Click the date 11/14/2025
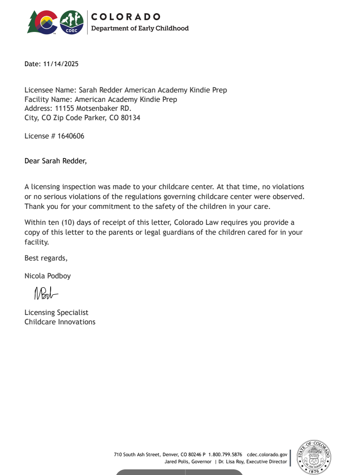point(61,64)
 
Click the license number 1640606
point(71,136)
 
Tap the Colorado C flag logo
point(42,23)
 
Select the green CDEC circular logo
point(72,23)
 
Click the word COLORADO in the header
point(126,17)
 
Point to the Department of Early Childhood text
point(139,28)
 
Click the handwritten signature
point(46,294)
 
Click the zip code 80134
point(130,118)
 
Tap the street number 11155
point(65,108)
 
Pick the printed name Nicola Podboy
point(47,276)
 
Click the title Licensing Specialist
point(56,313)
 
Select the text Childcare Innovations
point(60,322)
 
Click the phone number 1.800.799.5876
point(225,455)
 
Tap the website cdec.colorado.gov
point(267,455)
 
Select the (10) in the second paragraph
point(69,222)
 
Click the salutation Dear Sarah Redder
point(55,161)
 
